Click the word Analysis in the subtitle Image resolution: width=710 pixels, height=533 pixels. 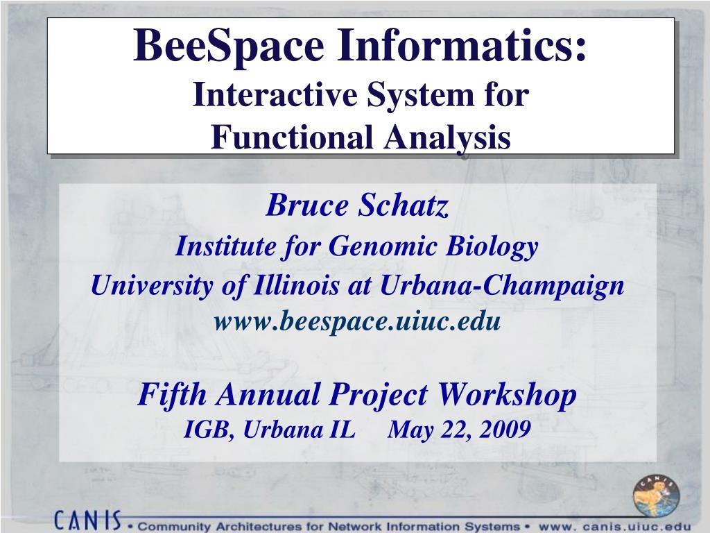448,138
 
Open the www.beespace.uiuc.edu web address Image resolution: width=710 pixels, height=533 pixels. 357,321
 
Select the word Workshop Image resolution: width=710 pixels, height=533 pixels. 507,395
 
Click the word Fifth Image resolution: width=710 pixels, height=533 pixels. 172,394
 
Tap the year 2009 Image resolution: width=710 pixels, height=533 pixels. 505,429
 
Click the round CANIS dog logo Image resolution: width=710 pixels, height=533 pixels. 656,496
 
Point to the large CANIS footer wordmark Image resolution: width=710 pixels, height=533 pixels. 88,520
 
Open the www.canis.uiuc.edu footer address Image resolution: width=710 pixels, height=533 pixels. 615,527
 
